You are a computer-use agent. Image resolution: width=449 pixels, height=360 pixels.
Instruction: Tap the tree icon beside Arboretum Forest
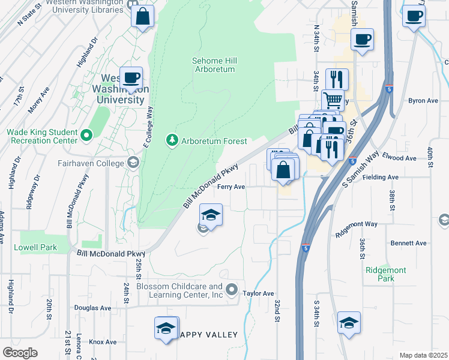click(173, 140)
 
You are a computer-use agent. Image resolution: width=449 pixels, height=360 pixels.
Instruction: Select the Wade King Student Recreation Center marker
click(86, 136)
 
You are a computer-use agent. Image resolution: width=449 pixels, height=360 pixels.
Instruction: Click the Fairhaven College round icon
click(131, 162)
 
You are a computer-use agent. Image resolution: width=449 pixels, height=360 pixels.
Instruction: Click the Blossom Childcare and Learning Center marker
click(232, 291)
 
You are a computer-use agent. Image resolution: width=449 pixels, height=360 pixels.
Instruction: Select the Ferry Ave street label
click(231, 187)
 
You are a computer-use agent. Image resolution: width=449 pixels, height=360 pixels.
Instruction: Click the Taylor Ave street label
click(258, 293)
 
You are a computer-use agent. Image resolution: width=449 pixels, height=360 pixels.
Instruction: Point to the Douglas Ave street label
click(93, 308)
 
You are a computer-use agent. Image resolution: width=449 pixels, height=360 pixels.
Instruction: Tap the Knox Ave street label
click(103, 342)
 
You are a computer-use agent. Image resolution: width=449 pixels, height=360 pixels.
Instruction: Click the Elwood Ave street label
click(402, 158)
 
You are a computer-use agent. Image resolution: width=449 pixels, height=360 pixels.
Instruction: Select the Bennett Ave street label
click(408, 243)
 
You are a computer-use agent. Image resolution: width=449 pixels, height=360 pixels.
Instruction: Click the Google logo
click(20, 353)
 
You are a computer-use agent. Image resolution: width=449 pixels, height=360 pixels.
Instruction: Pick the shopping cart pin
click(333, 100)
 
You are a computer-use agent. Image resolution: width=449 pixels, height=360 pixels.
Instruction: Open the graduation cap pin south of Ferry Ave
click(211, 215)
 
